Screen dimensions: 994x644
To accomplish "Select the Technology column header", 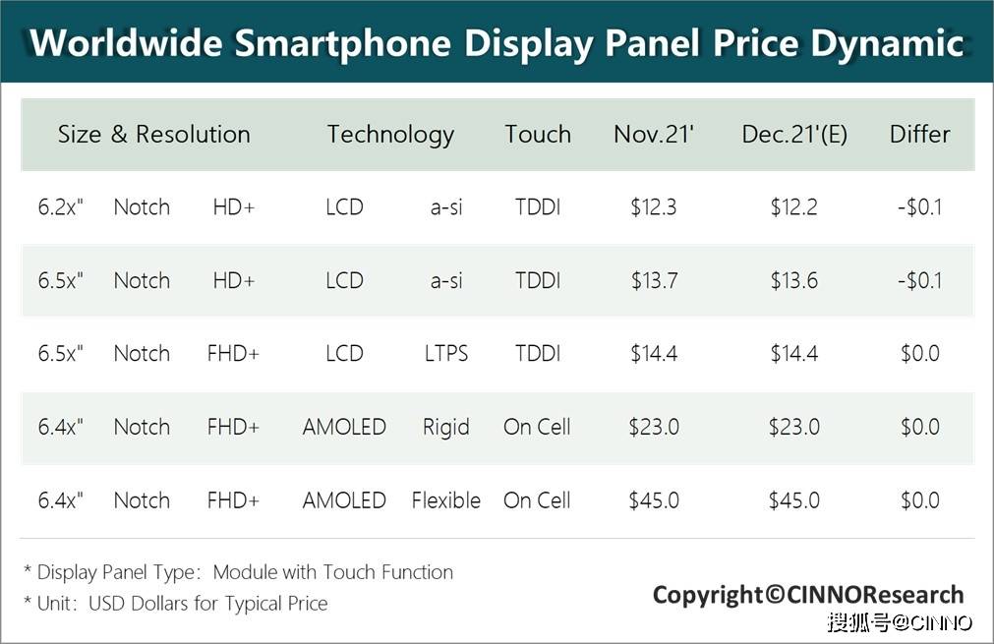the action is (x=390, y=135).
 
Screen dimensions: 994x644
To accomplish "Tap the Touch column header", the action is (x=538, y=134).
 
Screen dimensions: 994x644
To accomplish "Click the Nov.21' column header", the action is (x=654, y=134).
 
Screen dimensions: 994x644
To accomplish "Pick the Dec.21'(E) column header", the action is (x=794, y=135).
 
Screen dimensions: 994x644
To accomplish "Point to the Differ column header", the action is (x=919, y=134).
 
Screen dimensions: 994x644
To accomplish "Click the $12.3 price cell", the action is (x=654, y=207).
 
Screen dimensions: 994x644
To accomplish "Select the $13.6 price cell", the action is (x=794, y=280).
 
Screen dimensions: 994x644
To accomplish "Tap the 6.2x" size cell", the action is (x=61, y=206).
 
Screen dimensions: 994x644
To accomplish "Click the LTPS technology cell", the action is (x=446, y=353).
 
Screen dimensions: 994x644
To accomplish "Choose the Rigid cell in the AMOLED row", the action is (x=446, y=428).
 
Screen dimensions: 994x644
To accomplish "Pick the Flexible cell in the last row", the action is (x=446, y=500).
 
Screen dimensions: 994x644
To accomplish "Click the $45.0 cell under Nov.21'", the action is (x=654, y=500).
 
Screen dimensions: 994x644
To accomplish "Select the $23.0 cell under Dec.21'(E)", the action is (x=794, y=427).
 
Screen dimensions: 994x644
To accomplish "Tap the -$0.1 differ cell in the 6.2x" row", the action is (x=920, y=207).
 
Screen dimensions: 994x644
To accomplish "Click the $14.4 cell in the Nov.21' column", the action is (x=654, y=353).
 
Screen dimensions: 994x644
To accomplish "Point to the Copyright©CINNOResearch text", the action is (x=808, y=595).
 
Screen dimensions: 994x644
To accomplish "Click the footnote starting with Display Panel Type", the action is (x=238, y=572).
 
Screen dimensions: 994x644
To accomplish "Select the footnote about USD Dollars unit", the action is (x=176, y=604).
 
